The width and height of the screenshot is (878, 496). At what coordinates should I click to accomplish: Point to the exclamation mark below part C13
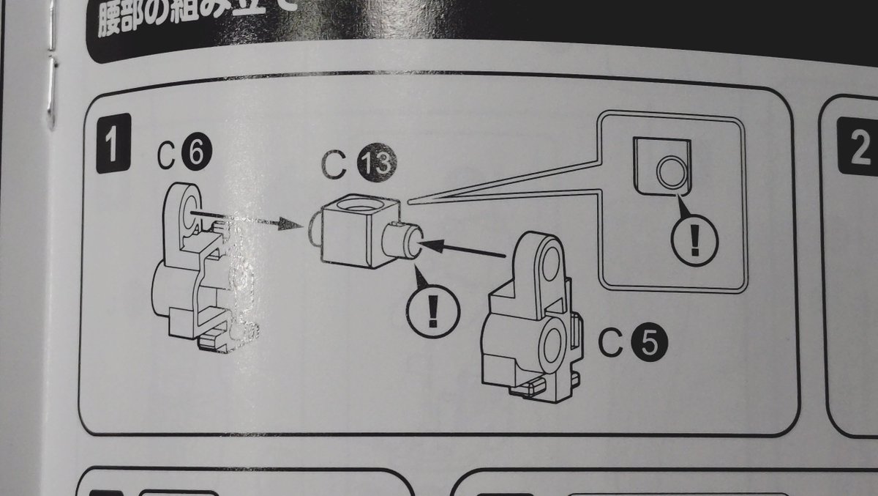coord(432,311)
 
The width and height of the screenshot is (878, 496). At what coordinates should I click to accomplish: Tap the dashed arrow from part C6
coord(249,218)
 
